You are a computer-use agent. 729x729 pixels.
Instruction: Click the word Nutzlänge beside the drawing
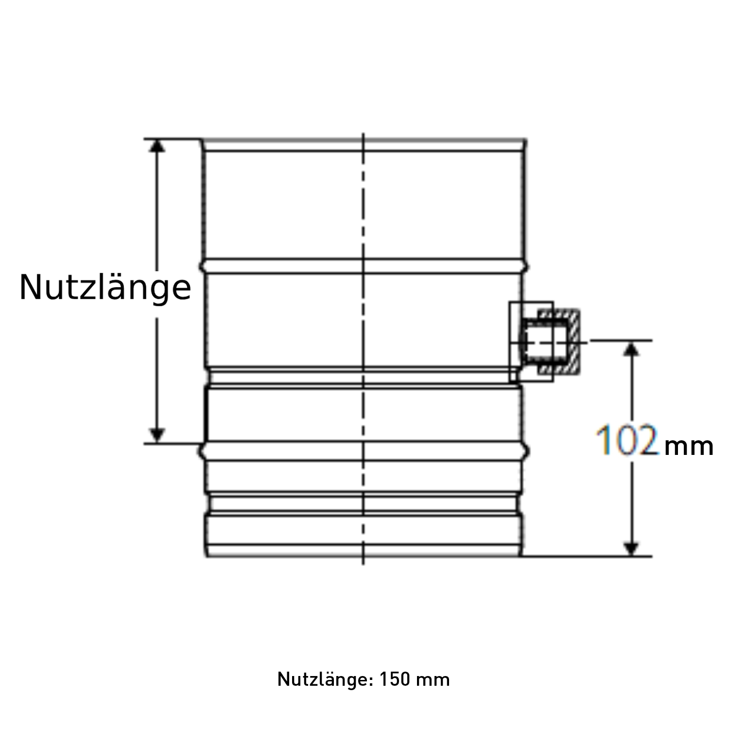tap(105, 288)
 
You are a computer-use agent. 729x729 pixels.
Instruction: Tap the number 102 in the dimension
tap(627, 440)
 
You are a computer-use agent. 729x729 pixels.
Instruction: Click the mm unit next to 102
tap(688, 446)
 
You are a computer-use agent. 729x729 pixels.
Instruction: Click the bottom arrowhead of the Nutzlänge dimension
tap(156, 435)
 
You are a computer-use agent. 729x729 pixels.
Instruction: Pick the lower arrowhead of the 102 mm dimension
tap(631, 548)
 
